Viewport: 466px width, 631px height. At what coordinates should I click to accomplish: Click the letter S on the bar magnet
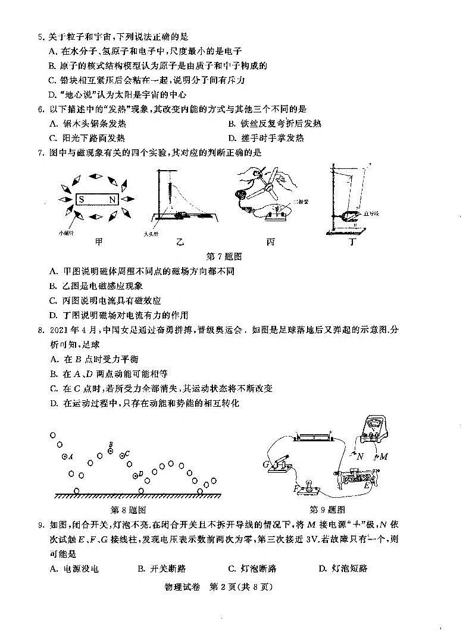pos(80,200)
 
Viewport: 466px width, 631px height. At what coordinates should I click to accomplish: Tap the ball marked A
pos(65,456)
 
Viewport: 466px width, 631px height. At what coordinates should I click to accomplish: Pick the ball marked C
pos(123,455)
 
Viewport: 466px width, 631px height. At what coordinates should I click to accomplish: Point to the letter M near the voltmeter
pos(383,457)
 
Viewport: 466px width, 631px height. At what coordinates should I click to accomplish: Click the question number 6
pos(40,109)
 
